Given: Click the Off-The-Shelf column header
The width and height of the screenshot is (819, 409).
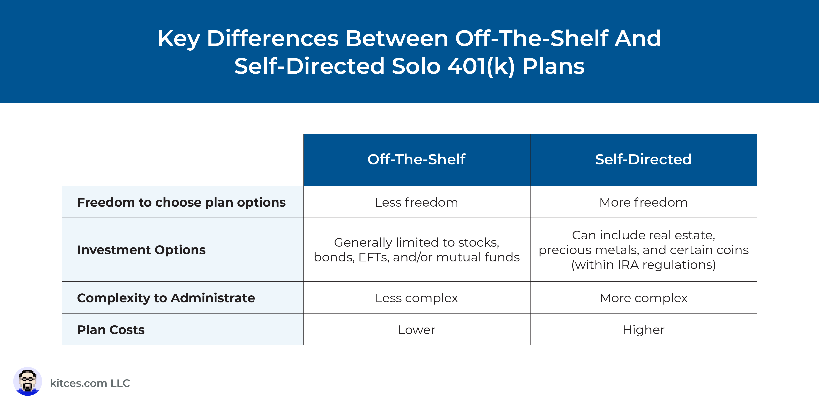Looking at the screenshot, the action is [417, 159].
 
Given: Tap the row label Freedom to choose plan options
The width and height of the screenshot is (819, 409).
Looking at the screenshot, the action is [181, 203].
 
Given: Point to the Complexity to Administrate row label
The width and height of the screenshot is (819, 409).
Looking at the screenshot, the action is [166, 298].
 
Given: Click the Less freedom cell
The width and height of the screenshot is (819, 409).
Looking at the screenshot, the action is [417, 203].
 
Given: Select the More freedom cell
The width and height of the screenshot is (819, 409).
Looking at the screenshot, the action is [644, 203].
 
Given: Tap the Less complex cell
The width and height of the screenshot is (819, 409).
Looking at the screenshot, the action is [417, 298].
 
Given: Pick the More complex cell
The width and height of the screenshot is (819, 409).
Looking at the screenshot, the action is [644, 298].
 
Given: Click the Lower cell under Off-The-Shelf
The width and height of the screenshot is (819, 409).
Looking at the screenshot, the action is [417, 330].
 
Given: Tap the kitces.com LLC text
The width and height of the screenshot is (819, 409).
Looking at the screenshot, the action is [90, 383].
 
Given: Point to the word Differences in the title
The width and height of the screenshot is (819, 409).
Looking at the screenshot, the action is [273, 38].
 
